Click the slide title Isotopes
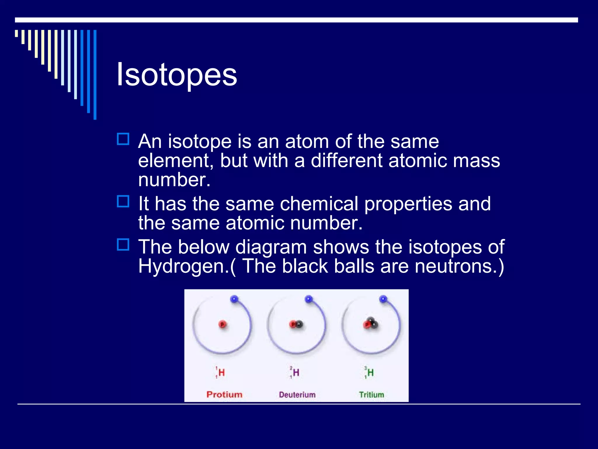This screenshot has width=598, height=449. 176,75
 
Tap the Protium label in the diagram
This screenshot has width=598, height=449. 224,395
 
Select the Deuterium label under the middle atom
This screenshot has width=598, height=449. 297,395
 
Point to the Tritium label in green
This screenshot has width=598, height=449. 371,395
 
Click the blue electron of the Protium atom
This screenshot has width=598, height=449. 234,299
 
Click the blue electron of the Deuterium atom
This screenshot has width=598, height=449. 309,299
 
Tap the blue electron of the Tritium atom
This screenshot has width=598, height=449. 383,299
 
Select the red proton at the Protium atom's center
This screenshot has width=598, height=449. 222,324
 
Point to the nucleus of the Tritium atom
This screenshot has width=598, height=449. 370,324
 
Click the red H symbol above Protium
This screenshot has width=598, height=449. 222,373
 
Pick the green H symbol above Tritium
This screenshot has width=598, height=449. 371,373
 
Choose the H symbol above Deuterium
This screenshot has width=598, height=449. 296,373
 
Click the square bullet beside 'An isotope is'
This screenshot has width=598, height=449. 123,139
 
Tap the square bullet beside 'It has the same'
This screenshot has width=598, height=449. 123,201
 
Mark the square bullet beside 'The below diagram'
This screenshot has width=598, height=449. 123,245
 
